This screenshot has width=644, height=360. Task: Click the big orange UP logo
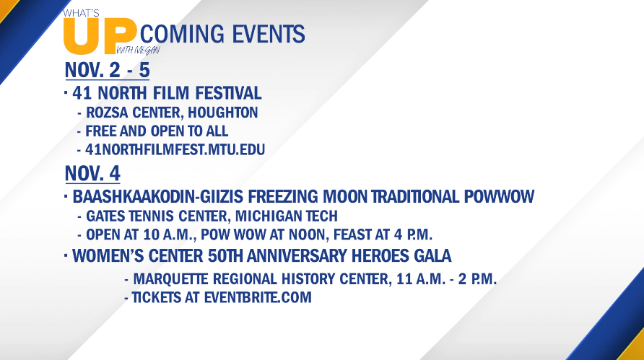100,37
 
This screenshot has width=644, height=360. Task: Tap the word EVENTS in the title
268,34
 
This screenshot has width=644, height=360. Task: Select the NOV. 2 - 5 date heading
107,70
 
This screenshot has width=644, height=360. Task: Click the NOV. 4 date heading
92,173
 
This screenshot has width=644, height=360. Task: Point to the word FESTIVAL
228,93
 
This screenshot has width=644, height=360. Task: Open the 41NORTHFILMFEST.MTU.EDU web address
175,150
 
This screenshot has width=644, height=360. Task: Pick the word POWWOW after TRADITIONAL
499,197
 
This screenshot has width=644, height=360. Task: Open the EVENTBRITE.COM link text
258,297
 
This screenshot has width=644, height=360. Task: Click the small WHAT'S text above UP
81,14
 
